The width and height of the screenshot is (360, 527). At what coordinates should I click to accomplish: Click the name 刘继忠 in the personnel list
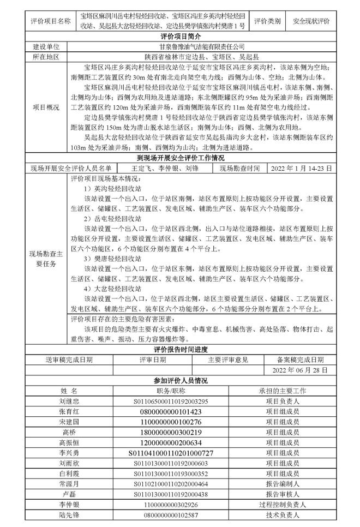69,401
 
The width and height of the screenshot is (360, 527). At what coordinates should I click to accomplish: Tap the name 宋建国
69,422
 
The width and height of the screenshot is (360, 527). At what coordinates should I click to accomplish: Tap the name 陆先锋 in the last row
69,514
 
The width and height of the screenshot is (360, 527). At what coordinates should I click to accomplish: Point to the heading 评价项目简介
179,36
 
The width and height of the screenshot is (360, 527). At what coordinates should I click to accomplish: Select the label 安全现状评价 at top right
311,21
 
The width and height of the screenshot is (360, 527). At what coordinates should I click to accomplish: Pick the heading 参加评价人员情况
179,380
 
